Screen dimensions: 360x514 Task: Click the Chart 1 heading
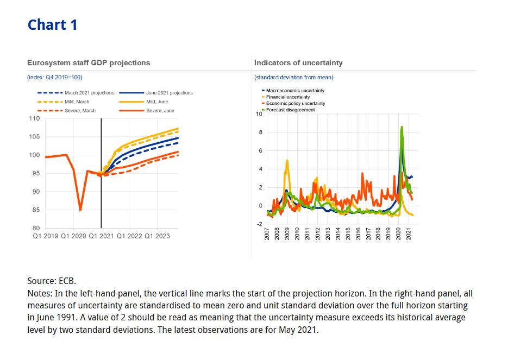(x=52, y=24)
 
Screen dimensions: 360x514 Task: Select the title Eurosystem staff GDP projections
(x=89, y=63)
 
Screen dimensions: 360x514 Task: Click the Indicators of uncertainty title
(x=298, y=63)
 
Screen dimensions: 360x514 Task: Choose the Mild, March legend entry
(x=77, y=102)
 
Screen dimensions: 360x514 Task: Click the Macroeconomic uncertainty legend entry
(x=295, y=90)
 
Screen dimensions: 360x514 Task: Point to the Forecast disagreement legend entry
(x=290, y=110)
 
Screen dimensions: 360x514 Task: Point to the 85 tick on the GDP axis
(x=36, y=210)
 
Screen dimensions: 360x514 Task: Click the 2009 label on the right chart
(x=287, y=235)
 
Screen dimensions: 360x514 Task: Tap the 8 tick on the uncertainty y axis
(x=260, y=132)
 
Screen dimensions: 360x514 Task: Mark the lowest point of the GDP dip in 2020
(x=80, y=210)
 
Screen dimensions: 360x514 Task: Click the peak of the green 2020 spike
(x=402, y=127)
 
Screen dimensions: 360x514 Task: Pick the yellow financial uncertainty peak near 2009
(x=287, y=160)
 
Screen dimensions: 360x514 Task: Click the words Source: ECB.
(x=52, y=281)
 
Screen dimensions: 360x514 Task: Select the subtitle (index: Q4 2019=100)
(x=54, y=78)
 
